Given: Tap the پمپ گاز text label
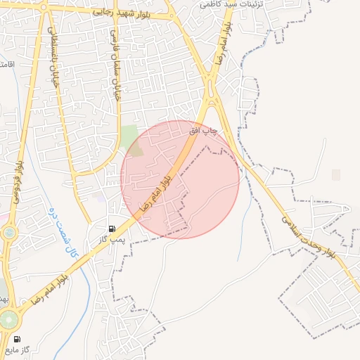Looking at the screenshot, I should (111, 240).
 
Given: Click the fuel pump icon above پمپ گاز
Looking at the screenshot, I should (112, 229).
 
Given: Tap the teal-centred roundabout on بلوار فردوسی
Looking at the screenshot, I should (9, 232).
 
